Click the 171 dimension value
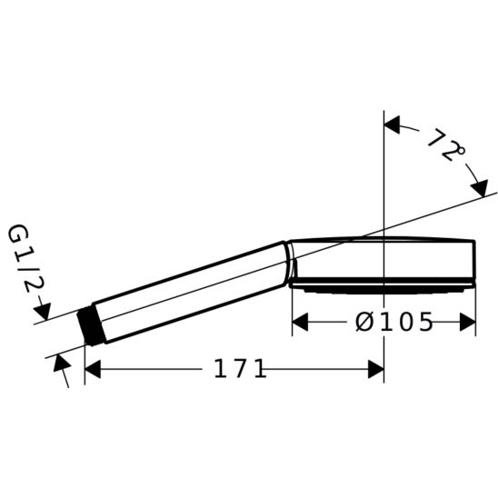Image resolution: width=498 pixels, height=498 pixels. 240,369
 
